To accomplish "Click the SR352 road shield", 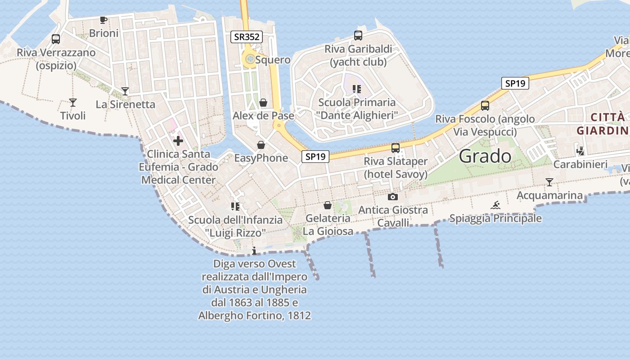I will [247, 37].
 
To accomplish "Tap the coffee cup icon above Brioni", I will [103, 20].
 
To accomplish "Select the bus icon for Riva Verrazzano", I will [56, 39].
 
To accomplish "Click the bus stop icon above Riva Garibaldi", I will [358, 36].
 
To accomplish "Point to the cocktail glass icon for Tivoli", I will [73, 103].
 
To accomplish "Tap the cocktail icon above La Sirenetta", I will [125, 91].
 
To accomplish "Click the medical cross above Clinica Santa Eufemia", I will [178, 141].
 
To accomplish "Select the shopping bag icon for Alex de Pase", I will [263, 103].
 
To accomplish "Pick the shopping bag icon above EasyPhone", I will [261, 145].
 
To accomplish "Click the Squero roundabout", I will [249, 58].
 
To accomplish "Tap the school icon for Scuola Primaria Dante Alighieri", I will [357, 89].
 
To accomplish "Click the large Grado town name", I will [485, 156].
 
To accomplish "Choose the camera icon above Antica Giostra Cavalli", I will [393, 197].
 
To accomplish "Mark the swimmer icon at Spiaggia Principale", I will [495, 206].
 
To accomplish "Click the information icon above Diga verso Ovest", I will [254, 251].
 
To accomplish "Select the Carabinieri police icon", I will [580, 151].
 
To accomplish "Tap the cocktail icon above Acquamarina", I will [549, 182].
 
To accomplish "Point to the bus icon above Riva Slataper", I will [395, 148].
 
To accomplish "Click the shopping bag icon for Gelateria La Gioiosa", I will [328, 205].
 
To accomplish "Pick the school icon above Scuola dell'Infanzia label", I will [235, 207].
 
